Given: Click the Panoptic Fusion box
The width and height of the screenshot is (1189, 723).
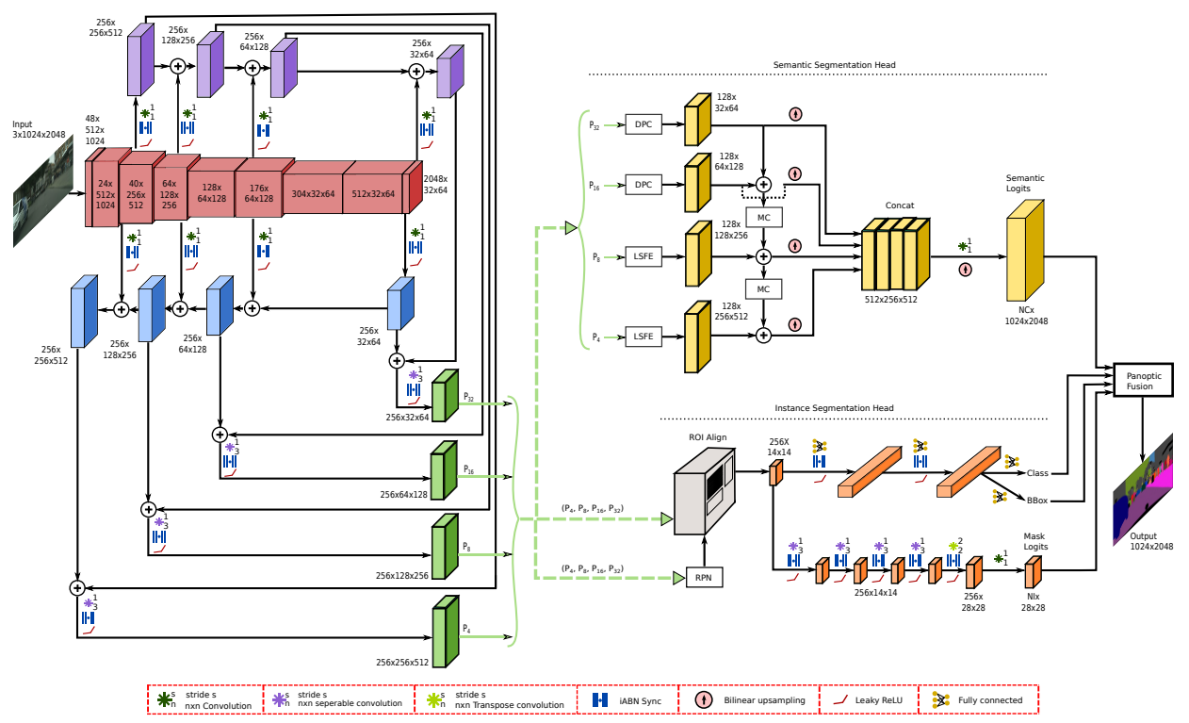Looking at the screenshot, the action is (x=1143, y=380).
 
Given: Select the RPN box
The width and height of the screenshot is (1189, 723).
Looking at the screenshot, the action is (x=704, y=578).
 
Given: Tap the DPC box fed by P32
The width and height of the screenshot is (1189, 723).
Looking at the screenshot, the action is (x=643, y=124).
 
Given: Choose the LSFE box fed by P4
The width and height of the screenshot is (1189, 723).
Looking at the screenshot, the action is (x=643, y=337).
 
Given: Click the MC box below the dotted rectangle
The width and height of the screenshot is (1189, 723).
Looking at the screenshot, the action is (x=764, y=217).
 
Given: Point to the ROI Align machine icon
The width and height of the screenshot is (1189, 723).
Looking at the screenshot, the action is (x=705, y=490).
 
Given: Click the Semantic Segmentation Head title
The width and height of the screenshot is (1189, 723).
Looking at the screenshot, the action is (x=834, y=65).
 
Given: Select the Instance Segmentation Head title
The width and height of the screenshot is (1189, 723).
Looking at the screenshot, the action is (x=834, y=408).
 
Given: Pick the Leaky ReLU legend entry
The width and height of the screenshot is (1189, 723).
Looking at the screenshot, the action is (x=869, y=700).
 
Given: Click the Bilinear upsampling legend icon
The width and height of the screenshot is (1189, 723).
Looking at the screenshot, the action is (x=704, y=699).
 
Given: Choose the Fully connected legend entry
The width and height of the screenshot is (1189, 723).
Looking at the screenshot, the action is (x=978, y=700).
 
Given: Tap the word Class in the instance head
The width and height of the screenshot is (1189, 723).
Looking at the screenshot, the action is (x=1037, y=473).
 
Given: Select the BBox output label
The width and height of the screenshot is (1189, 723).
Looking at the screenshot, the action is (x=1036, y=501).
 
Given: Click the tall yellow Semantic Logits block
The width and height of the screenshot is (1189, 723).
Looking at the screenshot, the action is (x=1025, y=251).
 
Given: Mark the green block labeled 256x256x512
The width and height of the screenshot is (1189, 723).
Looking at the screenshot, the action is (x=446, y=632).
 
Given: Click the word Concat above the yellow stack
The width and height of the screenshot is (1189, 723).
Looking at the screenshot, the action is (x=900, y=205).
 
